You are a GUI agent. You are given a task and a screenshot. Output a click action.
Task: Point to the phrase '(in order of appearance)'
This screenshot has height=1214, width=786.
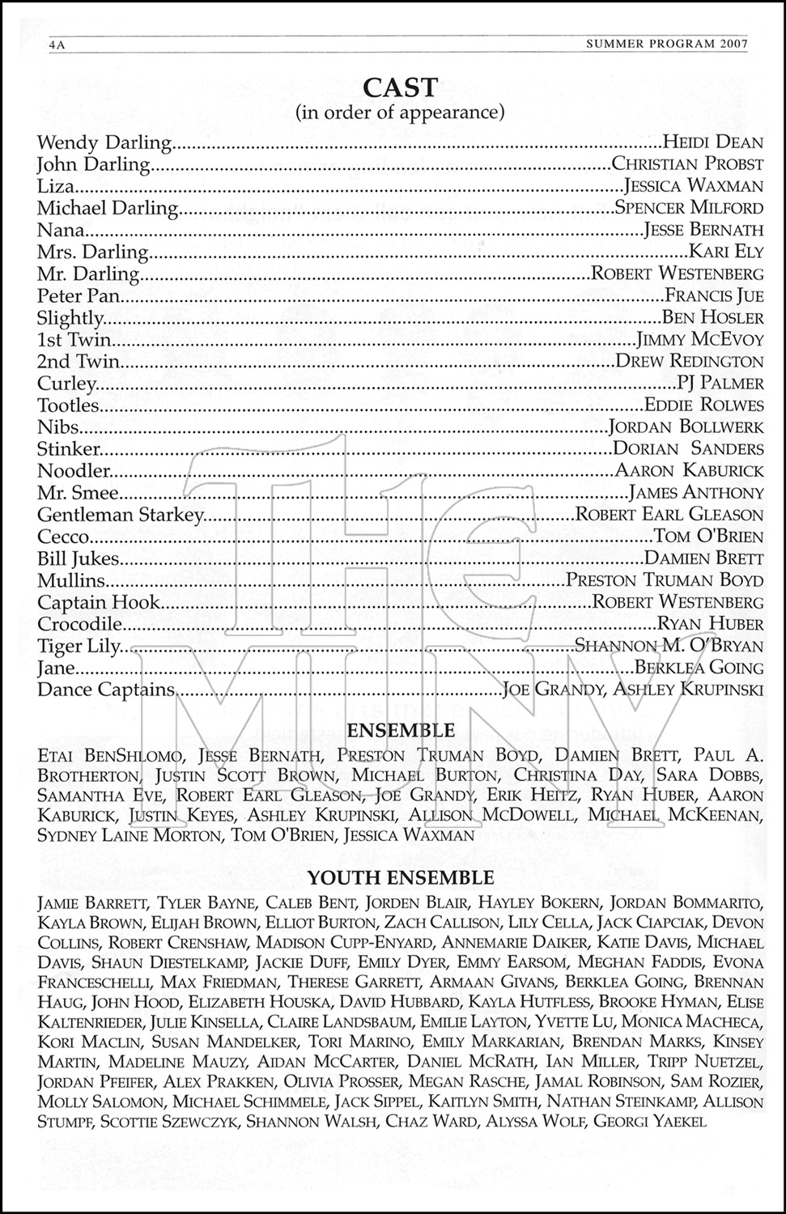pyautogui.click(x=400, y=112)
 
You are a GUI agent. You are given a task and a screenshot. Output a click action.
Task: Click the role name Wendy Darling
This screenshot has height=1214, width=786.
pyautogui.click(x=104, y=143)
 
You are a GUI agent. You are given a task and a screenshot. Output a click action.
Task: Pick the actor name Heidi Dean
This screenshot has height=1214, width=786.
pyautogui.click(x=712, y=143)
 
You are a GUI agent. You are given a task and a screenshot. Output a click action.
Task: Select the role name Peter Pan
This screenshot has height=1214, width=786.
pyautogui.click(x=79, y=296)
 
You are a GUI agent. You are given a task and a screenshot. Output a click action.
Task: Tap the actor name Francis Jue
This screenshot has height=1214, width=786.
pyautogui.click(x=714, y=296)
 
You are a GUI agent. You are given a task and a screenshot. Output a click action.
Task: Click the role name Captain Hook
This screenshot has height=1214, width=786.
pyautogui.click(x=99, y=602)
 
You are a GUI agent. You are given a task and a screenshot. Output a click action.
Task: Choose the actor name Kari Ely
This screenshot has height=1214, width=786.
pyautogui.click(x=726, y=253)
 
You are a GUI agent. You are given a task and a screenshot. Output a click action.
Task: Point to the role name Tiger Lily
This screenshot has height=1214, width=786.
pyautogui.click(x=79, y=646)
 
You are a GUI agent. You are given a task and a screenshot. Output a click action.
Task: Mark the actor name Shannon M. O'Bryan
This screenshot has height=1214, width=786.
pyautogui.click(x=669, y=646)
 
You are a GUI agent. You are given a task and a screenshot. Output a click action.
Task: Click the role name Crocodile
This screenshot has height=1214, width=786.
pyautogui.click(x=79, y=624)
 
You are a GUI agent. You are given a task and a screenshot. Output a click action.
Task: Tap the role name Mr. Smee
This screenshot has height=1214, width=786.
pyautogui.click(x=78, y=493)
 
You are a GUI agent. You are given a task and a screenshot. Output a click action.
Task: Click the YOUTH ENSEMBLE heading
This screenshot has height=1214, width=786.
pyautogui.click(x=400, y=877)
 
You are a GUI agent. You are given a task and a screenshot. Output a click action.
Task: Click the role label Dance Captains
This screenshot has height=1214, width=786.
pyautogui.click(x=106, y=690)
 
